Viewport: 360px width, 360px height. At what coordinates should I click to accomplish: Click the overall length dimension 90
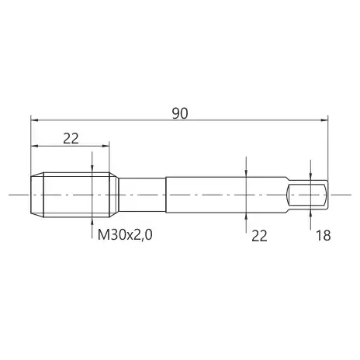coord(180,114)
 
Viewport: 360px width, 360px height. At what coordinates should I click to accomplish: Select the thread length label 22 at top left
coord(71,139)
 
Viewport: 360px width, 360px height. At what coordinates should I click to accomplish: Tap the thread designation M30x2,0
coord(125,235)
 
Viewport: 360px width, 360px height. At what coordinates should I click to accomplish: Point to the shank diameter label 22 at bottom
coord(259,236)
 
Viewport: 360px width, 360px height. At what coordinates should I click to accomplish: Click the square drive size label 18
coord(324,236)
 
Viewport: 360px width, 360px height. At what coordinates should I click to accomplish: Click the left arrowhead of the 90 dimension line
coord(34,120)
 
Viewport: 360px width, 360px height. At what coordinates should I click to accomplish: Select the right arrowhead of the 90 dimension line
coord(324,120)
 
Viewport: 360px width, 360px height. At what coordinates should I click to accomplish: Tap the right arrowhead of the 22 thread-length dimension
coord(106,146)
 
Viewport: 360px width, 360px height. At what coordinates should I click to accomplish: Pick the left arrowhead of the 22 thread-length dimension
coord(34,146)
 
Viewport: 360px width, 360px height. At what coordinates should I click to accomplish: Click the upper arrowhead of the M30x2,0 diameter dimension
coord(92,169)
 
